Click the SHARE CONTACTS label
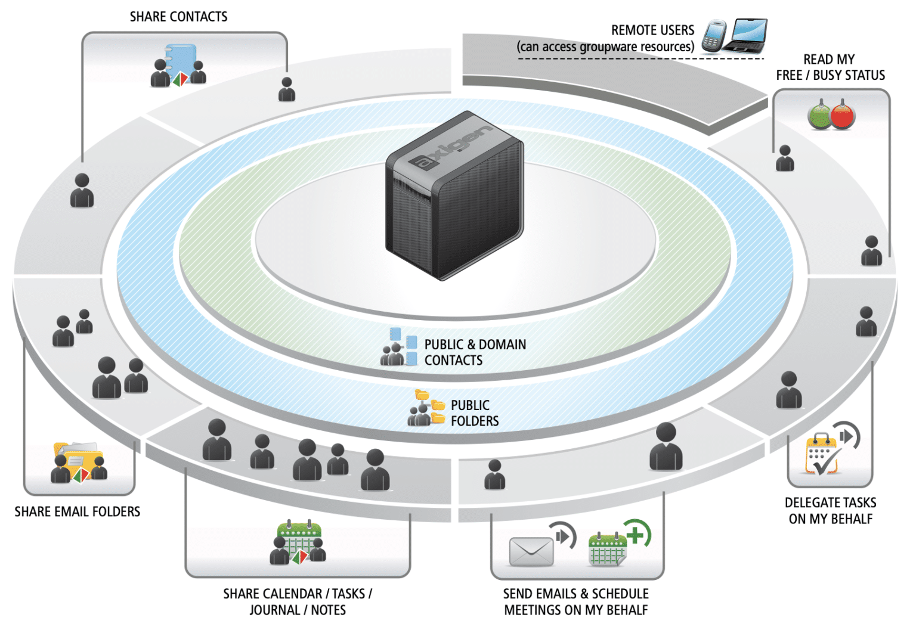click(178, 17)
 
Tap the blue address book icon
click(181, 60)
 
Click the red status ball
click(842, 117)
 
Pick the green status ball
click(819, 117)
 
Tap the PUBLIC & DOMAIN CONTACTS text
click(475, 352)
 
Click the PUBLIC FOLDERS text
click(474, 413)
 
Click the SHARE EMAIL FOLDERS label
click(78, 511)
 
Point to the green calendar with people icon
click(299, 542)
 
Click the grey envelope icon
click(531, 552)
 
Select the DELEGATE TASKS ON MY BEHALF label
click(830, 511)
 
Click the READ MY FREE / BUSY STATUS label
click(830, 67)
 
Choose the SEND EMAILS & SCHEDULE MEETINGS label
click(575, 602)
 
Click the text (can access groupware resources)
click(605, 46)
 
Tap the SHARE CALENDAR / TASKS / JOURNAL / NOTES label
click(298, 602)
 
